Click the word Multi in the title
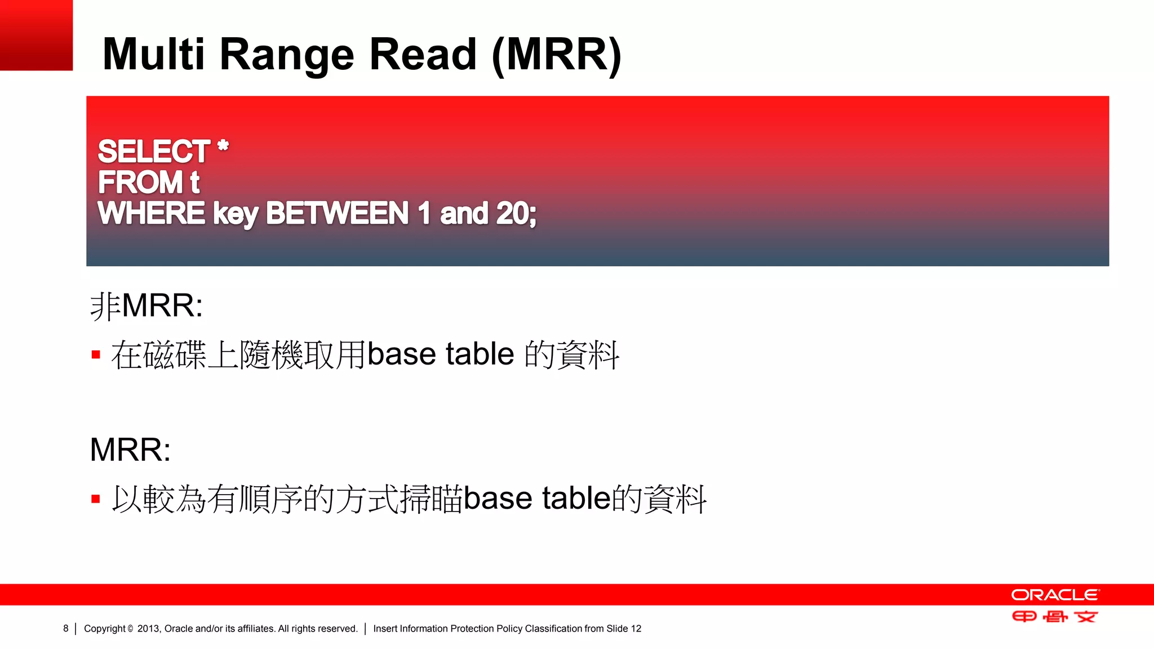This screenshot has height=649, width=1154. coord(153,54)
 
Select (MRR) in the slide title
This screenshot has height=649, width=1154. coord(557,55)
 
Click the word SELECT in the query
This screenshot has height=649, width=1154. coord(154,152)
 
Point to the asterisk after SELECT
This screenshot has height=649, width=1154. coord(223,146)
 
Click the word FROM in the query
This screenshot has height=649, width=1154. coord(140,183)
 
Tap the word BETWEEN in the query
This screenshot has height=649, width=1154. coord(337,214)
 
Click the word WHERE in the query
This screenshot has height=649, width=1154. coord(151,214)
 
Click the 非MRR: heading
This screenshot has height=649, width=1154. coord(147,306)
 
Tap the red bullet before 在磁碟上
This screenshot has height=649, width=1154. coord(96,355)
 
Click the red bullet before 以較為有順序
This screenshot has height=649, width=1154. coord(96,499)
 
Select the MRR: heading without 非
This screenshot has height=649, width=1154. coord(130,450)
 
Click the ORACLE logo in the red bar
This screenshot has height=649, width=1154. coord(1055,595)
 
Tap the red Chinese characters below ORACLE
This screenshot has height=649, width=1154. coord(1055,617)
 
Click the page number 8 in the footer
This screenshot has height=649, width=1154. coord(66,629)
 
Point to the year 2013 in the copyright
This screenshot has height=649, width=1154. coord(148,629)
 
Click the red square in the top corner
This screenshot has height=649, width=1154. coord(36,35)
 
